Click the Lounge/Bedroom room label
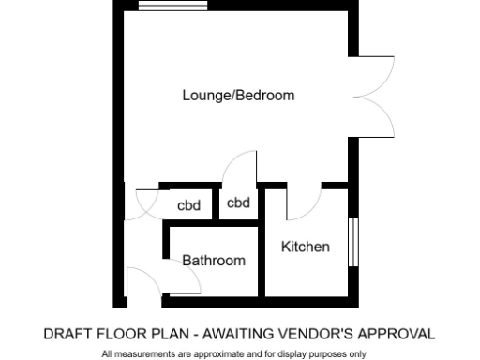pyautogui.click(x=238, y=95)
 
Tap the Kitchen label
pyautogui.click(x=306, y=247)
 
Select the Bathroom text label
pyautogui.click(x=214, y=260)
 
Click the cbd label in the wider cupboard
pyautogui.click(x=189, y=205)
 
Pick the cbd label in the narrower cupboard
pyautogui.click(x=239, y=202)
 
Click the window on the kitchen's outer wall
pyautogui.click(x=353, y=245)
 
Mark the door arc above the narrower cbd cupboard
pyautogui.click(x=241, y=168)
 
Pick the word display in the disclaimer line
pyautogui.click(x=292, y=353)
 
